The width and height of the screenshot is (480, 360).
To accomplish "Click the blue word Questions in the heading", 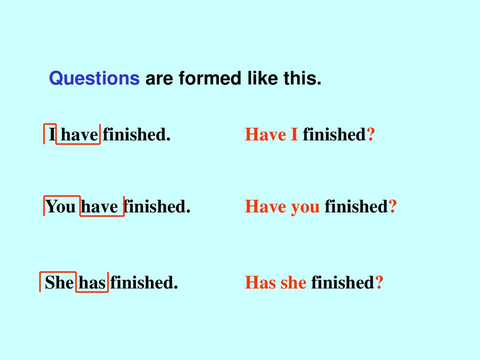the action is coord(94,79).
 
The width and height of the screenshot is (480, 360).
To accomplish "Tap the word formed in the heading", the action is coord(210,78).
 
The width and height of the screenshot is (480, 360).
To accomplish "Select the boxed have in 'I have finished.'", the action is coord(80,135).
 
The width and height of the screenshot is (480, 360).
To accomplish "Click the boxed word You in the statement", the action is coord(60,206).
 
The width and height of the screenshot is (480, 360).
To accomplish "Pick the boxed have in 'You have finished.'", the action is coord(99,206).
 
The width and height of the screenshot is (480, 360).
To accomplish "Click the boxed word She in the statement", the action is coord(60,282).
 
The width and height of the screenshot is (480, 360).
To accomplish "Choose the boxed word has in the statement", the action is coord(92,282).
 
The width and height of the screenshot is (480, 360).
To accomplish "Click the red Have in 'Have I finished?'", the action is coord(266,135).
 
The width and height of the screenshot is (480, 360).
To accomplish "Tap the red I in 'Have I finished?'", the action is coord(294,135).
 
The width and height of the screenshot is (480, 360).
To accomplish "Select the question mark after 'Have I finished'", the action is coord(371,135).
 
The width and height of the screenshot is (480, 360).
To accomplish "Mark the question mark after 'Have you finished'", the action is coord(393,206).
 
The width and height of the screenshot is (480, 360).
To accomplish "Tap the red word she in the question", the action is coord(293,282).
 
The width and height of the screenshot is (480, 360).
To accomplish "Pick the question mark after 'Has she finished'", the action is coord(379,282).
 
